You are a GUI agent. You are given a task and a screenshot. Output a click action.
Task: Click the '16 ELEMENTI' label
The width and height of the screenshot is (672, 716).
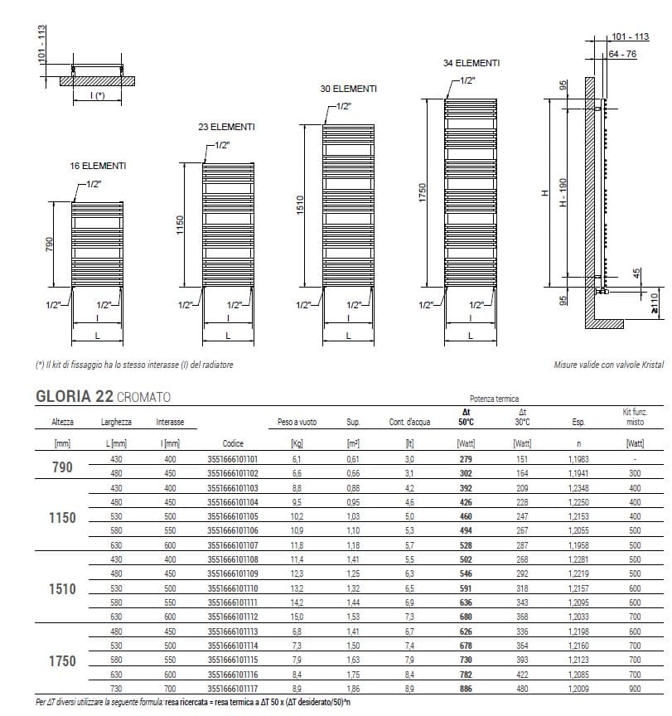[x=98, y=166]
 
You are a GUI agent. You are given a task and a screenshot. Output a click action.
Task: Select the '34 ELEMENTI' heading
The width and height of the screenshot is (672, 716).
[x=471, y=63]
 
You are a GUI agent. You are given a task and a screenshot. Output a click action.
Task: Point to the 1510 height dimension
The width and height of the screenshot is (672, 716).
[x=302, y=203]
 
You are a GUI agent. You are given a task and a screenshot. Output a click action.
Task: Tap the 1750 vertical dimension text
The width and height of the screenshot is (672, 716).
[x=422, y=193]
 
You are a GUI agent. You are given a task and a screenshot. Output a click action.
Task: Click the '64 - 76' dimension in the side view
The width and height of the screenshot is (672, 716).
[x=622, y=54]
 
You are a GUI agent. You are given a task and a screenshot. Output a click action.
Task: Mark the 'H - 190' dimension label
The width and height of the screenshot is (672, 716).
[x=562, y=193]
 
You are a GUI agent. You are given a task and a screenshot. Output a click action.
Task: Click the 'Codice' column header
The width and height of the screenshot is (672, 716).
[x=233, y=422]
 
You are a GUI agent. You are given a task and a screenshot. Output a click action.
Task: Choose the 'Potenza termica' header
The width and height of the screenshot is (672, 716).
[x=496, y=399]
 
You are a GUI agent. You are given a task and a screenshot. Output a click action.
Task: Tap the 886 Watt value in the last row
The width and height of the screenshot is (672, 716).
[x=467, y=689]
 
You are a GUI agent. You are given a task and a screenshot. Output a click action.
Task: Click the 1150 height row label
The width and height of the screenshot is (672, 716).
[x=62, y=518]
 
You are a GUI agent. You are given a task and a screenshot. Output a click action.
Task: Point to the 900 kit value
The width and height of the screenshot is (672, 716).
[x=635, y=689]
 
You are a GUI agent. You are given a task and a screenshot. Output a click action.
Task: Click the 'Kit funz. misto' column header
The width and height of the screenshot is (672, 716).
[x=635, y=417]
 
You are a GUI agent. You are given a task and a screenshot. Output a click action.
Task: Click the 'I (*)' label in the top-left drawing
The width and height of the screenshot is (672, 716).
[x=98, y=96]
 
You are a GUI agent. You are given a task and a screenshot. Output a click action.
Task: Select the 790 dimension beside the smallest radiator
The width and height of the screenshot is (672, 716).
[x=49, y=246]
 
